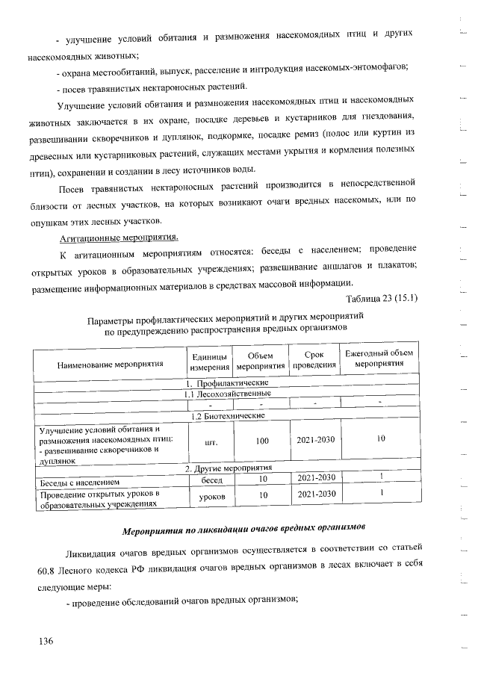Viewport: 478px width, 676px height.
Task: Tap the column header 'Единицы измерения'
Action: coord(209,362)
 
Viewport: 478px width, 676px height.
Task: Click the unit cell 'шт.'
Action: coord(210,441)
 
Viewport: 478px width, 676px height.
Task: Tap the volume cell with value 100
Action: coord(262,441)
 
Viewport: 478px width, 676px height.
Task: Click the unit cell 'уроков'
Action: coord(210,495)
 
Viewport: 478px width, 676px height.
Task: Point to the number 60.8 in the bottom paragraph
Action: coord(50,571)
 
